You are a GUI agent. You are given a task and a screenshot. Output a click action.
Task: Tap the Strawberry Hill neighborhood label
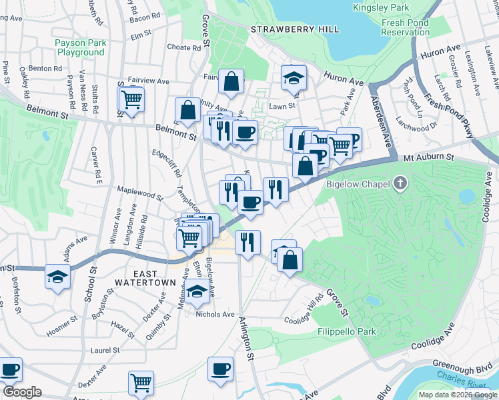(295, 29)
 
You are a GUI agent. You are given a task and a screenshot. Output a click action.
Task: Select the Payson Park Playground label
(80, 47)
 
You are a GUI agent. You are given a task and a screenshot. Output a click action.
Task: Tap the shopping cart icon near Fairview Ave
(131, 101)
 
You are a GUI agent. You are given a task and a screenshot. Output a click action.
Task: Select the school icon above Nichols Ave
(196, 292)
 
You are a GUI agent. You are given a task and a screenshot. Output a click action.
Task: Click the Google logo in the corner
(21, 392)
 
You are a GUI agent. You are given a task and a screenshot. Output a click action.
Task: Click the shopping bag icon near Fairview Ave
(231, 82)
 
